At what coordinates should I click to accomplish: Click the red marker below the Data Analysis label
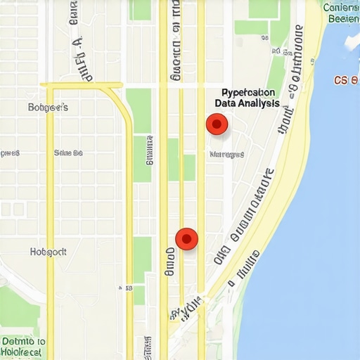[217, 125]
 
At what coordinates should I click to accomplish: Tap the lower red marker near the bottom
[186, 239]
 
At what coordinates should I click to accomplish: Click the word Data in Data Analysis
[228, 103]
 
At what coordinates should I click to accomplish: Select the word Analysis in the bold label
[259, 103]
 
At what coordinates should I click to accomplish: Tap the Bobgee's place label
[48, 108]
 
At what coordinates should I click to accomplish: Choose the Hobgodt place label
[48, 251]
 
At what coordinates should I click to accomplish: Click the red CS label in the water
[345, 80]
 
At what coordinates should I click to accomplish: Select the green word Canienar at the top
[342, 8]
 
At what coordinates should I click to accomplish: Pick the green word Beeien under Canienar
[342, 19]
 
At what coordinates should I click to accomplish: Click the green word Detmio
[23, 341]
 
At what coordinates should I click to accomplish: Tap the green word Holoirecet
[23, 352]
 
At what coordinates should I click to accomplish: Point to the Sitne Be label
[68, 153]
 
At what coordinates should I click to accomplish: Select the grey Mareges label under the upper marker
[227, 154]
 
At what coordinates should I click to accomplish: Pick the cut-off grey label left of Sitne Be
[9, 153]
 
